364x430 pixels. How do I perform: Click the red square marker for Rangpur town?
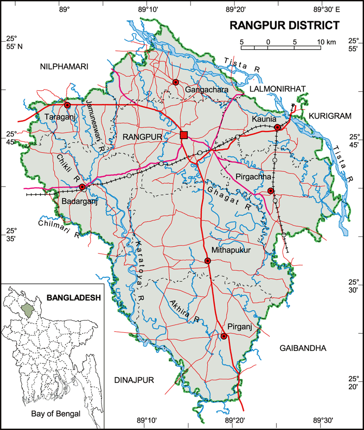[184, 135]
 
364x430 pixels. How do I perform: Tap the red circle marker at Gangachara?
[176, 82]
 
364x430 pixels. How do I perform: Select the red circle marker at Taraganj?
[67, 105]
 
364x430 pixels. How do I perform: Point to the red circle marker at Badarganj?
[83, 187]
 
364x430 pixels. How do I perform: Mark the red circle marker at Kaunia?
[277, 127]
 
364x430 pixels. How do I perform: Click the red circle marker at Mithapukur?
[208, 261]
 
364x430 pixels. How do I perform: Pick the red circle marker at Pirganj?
[224, 336]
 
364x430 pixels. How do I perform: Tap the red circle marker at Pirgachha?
[271, 191]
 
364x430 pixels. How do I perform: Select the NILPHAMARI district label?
[64, 67]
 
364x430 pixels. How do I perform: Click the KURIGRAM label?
[331, 116]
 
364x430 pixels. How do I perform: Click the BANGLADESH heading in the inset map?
[74, 298]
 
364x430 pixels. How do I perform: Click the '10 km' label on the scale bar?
[326, 42]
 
